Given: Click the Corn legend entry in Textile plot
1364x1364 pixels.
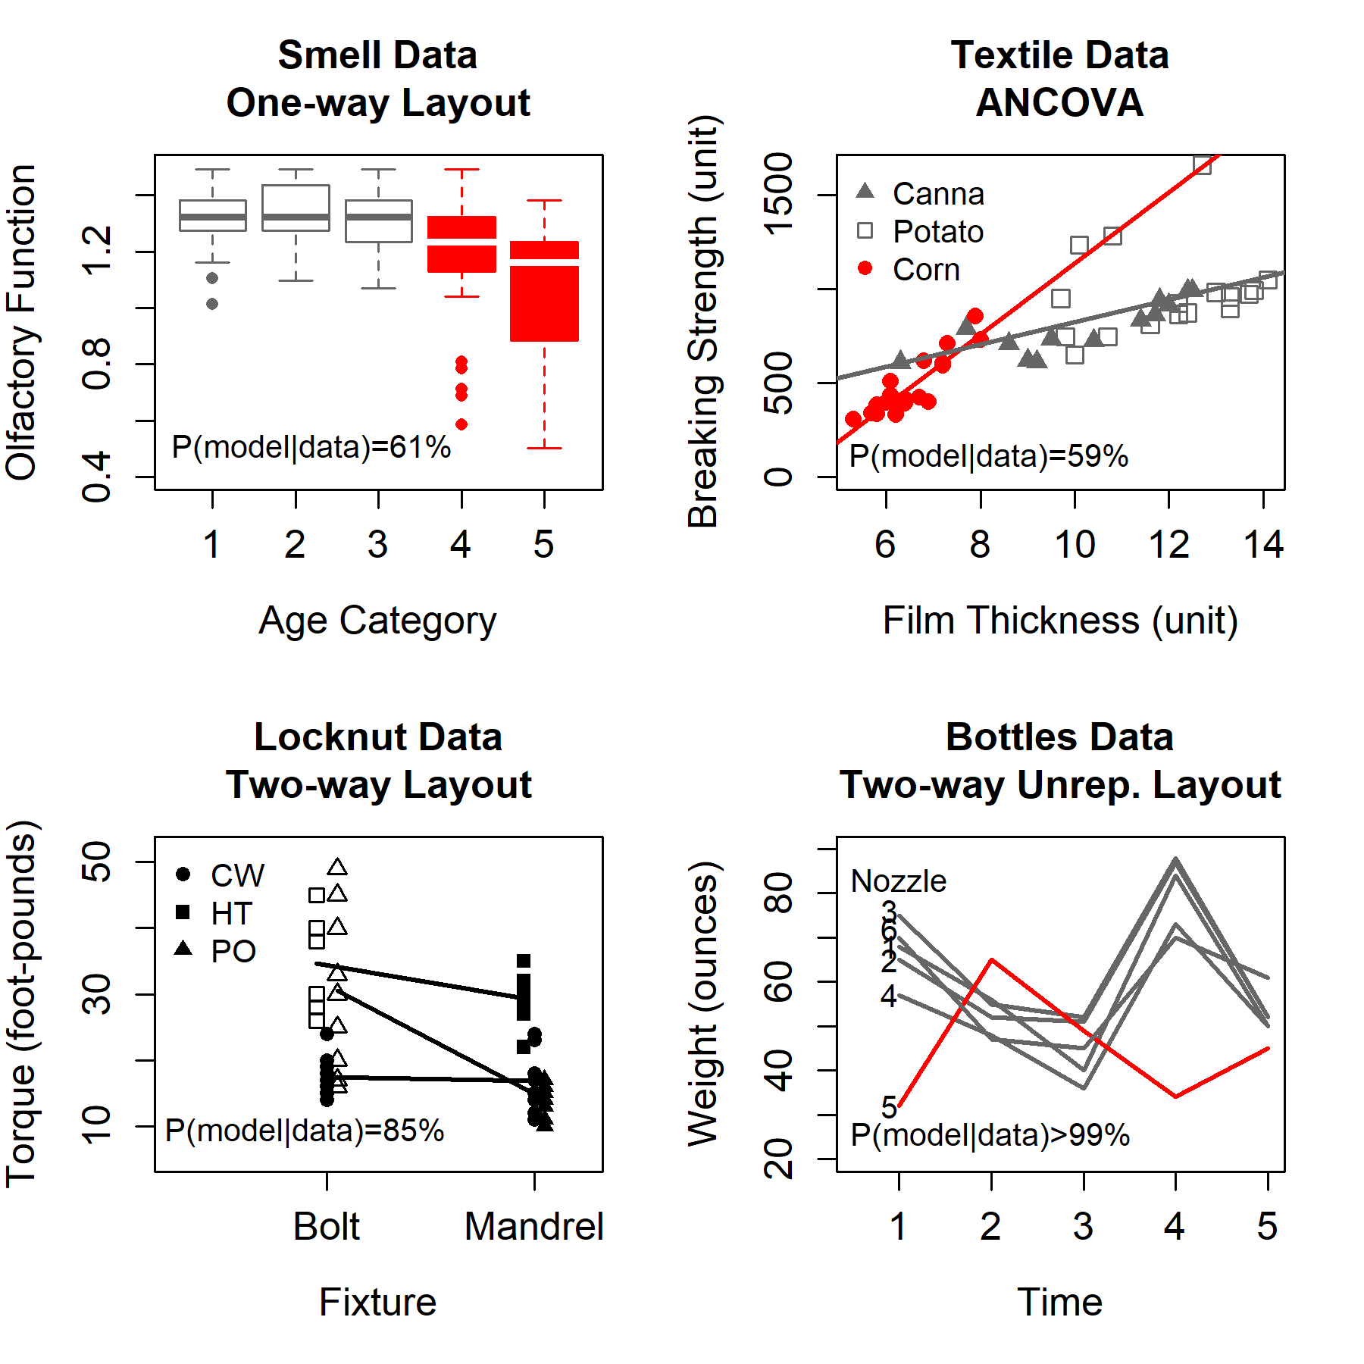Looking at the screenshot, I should point(925,270).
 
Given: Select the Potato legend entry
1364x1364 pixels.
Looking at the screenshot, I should point(937,232).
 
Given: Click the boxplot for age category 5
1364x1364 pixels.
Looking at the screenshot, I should point(544,292).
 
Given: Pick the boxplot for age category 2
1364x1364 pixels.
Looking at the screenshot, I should point(296,208).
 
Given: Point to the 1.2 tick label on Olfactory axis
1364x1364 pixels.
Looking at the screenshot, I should point(97,251).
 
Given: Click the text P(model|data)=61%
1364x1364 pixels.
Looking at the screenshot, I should point(311,447).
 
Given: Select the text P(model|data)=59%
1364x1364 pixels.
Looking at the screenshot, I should point(988,456).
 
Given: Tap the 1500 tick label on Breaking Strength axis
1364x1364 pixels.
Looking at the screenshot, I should point(779,195).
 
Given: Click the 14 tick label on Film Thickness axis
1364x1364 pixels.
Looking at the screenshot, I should point(1263,545).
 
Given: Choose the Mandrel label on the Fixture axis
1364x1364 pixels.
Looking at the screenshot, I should point(534,1227).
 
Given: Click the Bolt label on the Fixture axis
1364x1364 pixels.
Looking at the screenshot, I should point(327,1227).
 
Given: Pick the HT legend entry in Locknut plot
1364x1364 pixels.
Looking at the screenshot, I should point(230,914).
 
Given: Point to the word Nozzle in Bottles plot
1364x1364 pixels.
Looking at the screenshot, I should point(898,881).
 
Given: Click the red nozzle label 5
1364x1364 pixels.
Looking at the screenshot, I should point(889,1108).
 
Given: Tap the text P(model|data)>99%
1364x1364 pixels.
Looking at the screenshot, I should point(990,1135).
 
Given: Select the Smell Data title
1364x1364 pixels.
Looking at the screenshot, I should point(377,55).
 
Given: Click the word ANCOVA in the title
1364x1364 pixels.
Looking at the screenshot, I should point(1059,103).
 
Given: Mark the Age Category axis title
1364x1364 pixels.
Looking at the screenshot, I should point(377,621).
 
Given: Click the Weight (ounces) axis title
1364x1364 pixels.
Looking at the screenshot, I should point(703,1004).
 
